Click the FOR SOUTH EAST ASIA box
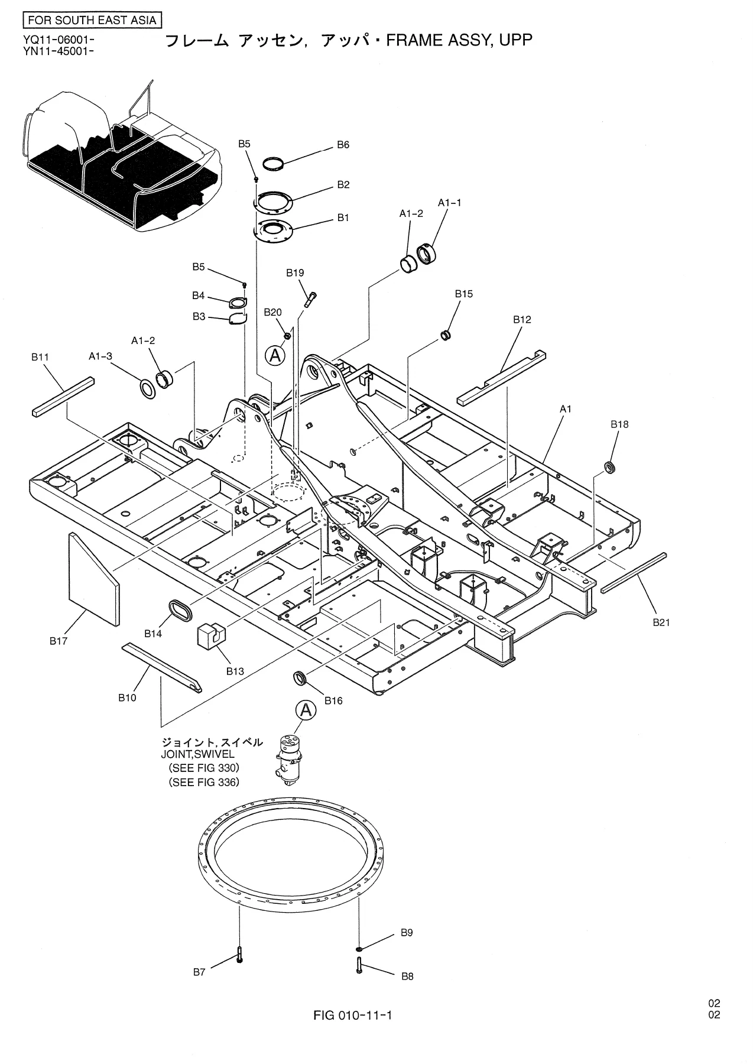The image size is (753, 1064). tap(93, 21)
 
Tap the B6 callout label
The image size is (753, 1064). tap(343, 145)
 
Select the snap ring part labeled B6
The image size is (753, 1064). tap(273, 163)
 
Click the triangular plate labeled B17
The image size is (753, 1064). tap(94, 579)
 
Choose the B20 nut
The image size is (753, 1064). tap(287, 336)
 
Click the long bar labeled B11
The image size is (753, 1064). tap(63, 396)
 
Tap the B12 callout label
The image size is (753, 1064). tap(522, 320)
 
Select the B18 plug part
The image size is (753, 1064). tap(609, 468)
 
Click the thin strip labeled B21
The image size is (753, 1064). tap(634, 572)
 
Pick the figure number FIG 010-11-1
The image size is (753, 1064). tap(353, 1016)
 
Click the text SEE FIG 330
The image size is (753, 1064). tap(204, 768)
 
